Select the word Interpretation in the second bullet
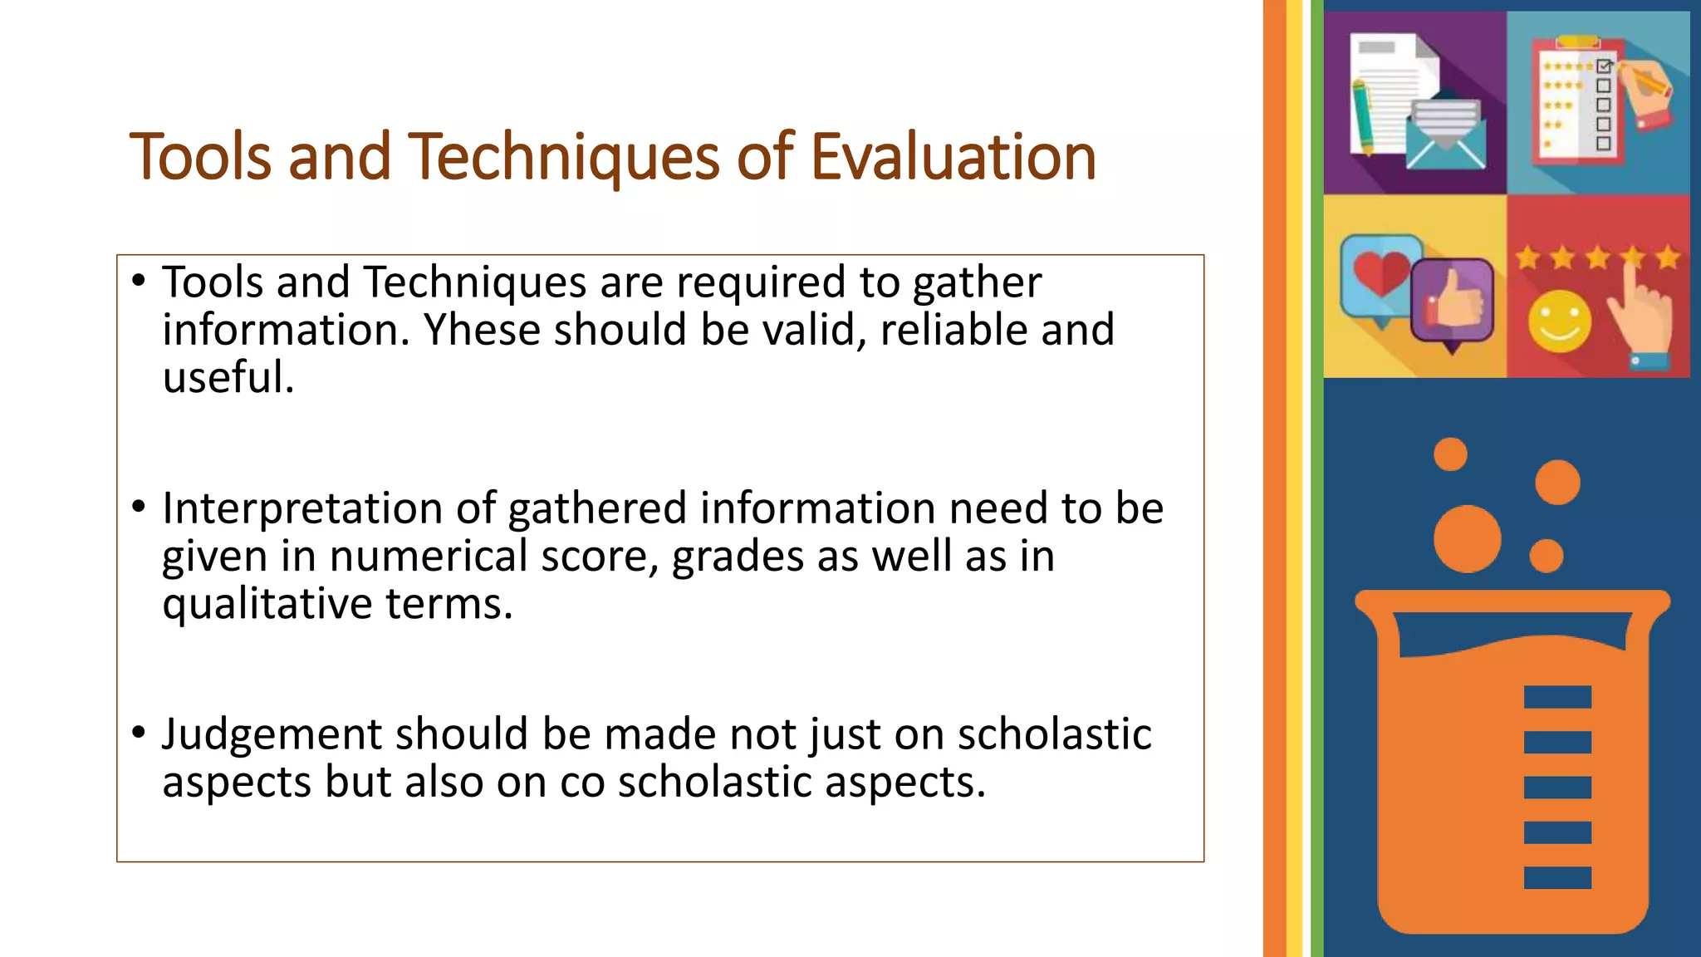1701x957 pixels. pos(302,508)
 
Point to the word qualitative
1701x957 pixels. pos(267,604)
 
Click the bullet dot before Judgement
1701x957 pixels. pos(139,732)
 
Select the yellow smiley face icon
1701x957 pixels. pos(1559,321)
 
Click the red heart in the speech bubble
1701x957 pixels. pos(1380,272)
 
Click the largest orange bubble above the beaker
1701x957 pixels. pos(1467,538)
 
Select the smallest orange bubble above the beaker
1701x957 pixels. pos(1450,454)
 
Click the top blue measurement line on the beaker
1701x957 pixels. pos(1557,696)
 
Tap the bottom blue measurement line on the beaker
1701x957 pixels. pos(1557,877)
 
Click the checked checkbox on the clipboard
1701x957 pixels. pos(1604,66)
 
